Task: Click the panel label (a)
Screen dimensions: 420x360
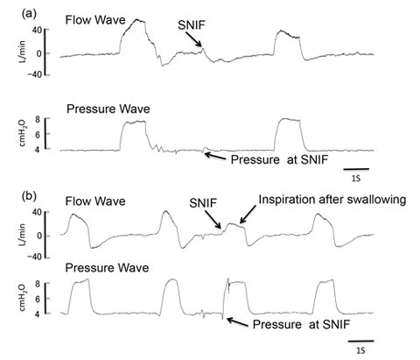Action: (29, 14)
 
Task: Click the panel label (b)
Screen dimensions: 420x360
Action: (29, 196)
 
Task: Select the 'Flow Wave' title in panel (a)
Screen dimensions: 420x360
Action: (95, 20)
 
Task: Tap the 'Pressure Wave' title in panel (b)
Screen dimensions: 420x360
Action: (107, 268)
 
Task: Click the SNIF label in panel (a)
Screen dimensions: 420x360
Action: (192, 25)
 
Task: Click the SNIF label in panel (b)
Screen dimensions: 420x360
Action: (203, 202)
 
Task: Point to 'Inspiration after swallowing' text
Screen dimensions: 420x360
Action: (332, 200)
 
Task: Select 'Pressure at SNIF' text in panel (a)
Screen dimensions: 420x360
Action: (279, 159)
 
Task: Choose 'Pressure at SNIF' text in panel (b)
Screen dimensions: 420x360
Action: (301, 324)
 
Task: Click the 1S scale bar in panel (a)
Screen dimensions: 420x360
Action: (356, 169)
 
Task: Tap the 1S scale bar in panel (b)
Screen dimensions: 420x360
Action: (361, 341)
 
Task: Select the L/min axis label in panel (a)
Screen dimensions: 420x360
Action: (22, 53)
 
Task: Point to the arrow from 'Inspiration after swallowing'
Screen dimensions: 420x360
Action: (248, 215)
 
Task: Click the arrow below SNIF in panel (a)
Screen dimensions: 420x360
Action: (193, 39)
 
